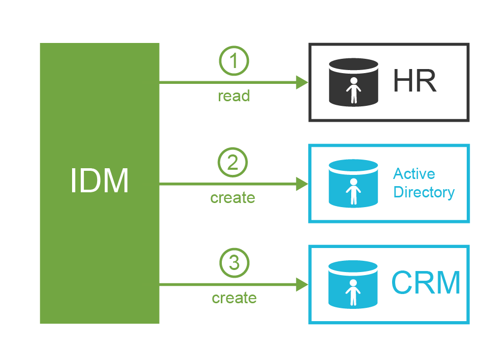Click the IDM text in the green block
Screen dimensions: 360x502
[x=100, y=182]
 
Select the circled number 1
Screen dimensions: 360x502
[x=234, y=61]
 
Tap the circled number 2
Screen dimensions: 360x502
[x=233, y=163]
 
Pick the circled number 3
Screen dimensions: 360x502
[x=234, y=263]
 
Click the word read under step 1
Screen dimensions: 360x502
[x=234, y=96]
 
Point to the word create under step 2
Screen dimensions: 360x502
[x=233, y=197]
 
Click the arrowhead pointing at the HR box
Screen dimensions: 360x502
[x=302, y=82]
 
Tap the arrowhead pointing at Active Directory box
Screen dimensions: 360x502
[x=302, y=184]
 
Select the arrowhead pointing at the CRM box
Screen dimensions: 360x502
[x=302, y=284]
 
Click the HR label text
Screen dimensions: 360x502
[x=415, y=82]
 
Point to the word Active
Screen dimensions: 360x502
[x=414, y=174]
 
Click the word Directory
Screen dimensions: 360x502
[x=424, y=193]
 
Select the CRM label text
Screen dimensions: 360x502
[x=426, y=283]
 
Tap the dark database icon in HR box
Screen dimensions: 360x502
[x=353, y=82]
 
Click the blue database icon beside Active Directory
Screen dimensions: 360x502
[x=353, y=184]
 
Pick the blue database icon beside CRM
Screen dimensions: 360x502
[x=353, y=284]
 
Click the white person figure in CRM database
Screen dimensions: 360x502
[x=353, y=293]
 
